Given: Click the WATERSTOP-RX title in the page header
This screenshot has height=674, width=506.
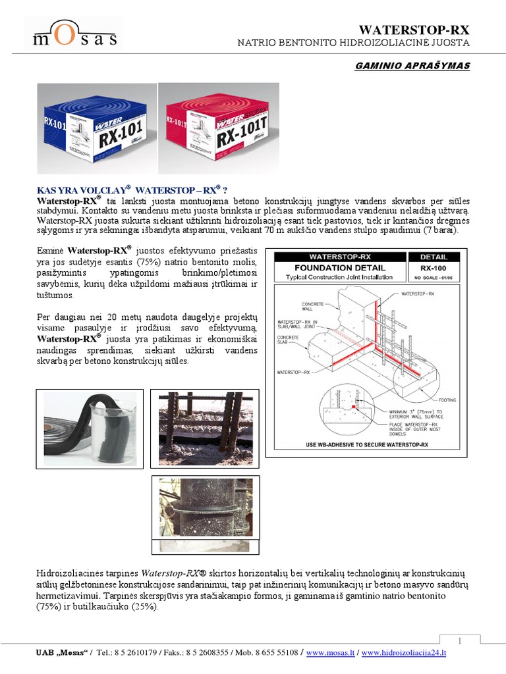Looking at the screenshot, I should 414,29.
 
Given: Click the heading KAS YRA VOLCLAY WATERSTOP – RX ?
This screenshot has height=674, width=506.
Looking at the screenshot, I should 132,190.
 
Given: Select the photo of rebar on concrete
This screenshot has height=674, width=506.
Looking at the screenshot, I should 204,427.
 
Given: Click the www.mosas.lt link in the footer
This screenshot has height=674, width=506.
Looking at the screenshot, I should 331,653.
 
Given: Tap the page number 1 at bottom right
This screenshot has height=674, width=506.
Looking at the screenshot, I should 460,640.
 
